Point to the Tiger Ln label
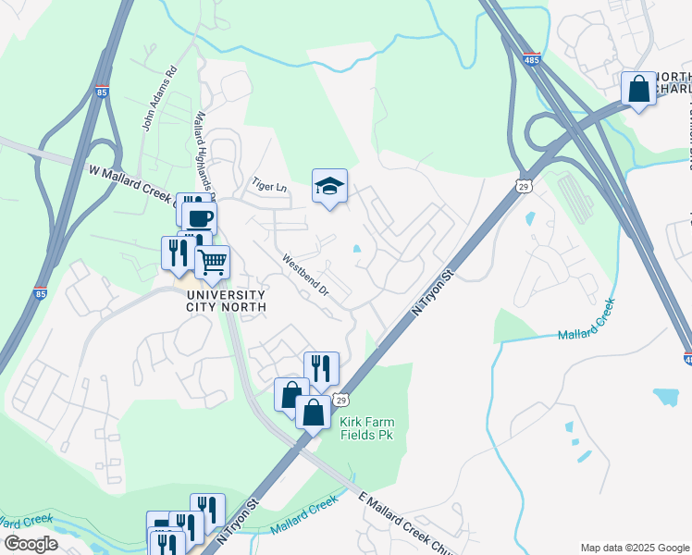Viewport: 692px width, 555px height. pyautogui.click(x=271, y=187)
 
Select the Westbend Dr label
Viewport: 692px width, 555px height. pyautogui.click(x=306, y=276)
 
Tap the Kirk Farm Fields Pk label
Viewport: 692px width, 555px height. pyautogui.click(x=366, y=428)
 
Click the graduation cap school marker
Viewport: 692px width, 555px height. pyautogui.click(x=329, y=187)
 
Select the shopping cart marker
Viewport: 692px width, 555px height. pyautogui.click(x=213, y=263)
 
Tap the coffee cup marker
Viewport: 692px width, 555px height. pyautogui.click(x=199, y=218)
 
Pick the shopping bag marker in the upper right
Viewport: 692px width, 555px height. pyautogui.click(x=638, y=90)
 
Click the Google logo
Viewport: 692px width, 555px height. pyautogui.click(x=31, y=544)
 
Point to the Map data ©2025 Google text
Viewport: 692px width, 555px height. pyautogui.click(x=634, y=548)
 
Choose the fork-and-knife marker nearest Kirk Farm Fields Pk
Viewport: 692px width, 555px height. pyautogui.click(x=321, y=368)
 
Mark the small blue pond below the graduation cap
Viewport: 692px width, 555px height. pyautogui.click(x=356, y=248)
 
